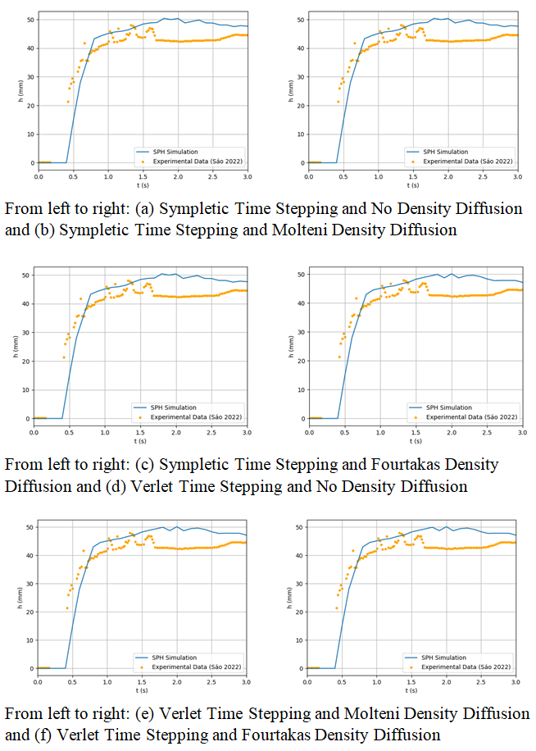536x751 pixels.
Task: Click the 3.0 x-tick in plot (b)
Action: point(517,177)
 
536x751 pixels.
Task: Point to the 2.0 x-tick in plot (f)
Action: point(446,682)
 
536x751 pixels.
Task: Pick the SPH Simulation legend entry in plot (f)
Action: point(443,658)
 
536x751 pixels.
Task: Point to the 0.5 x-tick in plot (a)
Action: point(73,177)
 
